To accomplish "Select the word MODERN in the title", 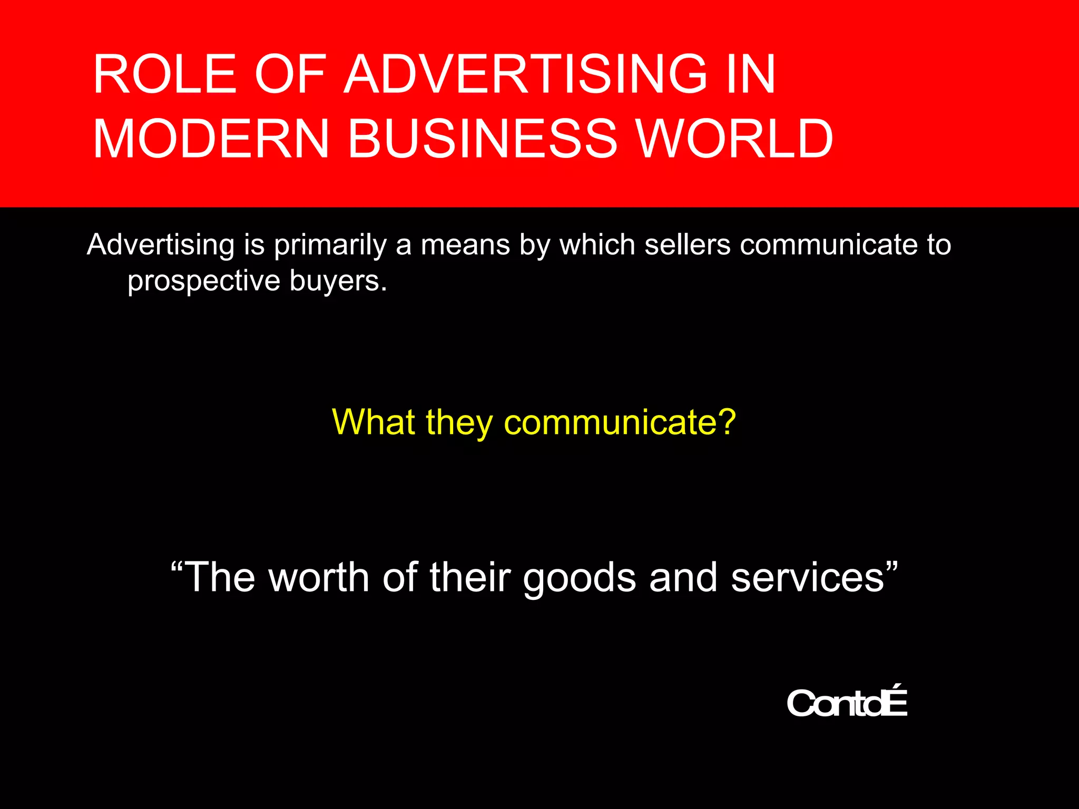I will pyautogui.click(x=211, y=139).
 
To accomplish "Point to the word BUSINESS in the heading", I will pyautogui.click(x=482, y=139).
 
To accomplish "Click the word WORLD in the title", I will pyautogui.click(x=735, y=139).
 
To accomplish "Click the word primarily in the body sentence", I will pyautogui.click(x=330, y=245).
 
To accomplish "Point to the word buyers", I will pyautogui.click(x=338, y=281).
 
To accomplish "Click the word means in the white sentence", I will pyautogui.click(x=465, y=245).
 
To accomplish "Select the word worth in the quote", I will pyautogui.click(x=319, y=577).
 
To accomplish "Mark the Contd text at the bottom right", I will pyautogui.click(x=847, y=703).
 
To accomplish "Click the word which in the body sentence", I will pyautogui.click(x=597, y=245).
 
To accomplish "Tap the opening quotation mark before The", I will pyautogui.click(x=178, y=566).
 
